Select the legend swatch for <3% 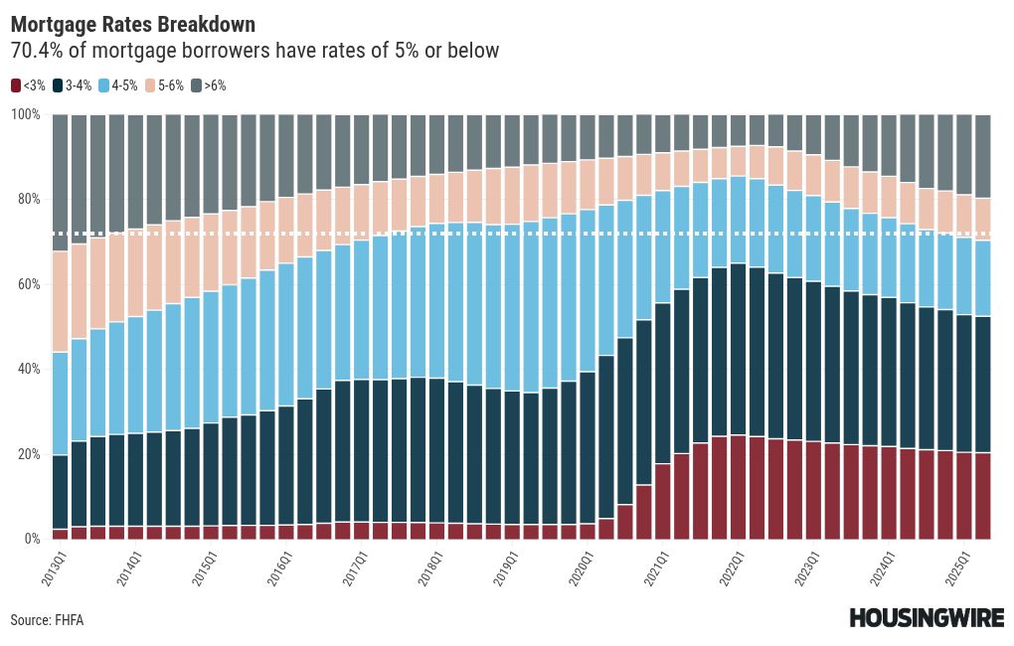point(16,86)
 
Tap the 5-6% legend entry point(165,86)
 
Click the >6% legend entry point(210,86)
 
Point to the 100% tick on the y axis point(25,114)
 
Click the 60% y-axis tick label point(27,284)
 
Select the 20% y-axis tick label point(27,454)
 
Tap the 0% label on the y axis point(30,539)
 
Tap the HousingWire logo point(924,618)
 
